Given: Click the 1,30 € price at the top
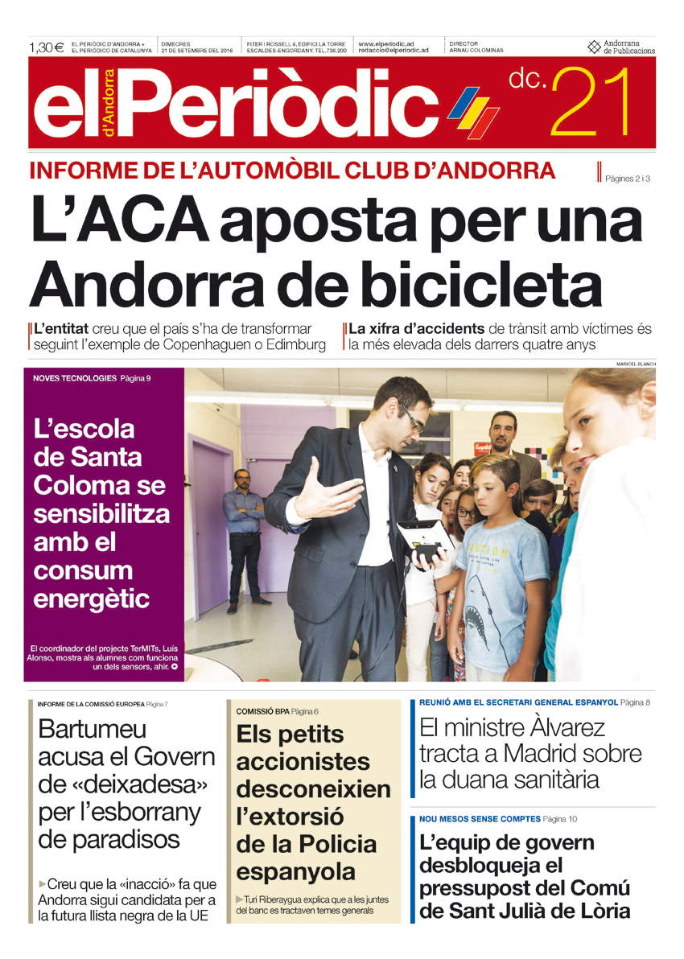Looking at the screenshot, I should click(x=47, y=47).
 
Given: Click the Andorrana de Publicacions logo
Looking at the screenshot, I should click(x=621, y=47).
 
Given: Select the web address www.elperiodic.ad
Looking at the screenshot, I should click(x=385, y=43).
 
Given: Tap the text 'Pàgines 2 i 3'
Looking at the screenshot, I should click(x=628, y=179).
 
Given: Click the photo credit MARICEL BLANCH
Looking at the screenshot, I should click(x=636, y=364).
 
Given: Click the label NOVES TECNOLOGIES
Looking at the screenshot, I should click(x=75, y=377).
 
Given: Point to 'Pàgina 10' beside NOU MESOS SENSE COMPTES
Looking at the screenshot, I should click(x=560, y=819).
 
